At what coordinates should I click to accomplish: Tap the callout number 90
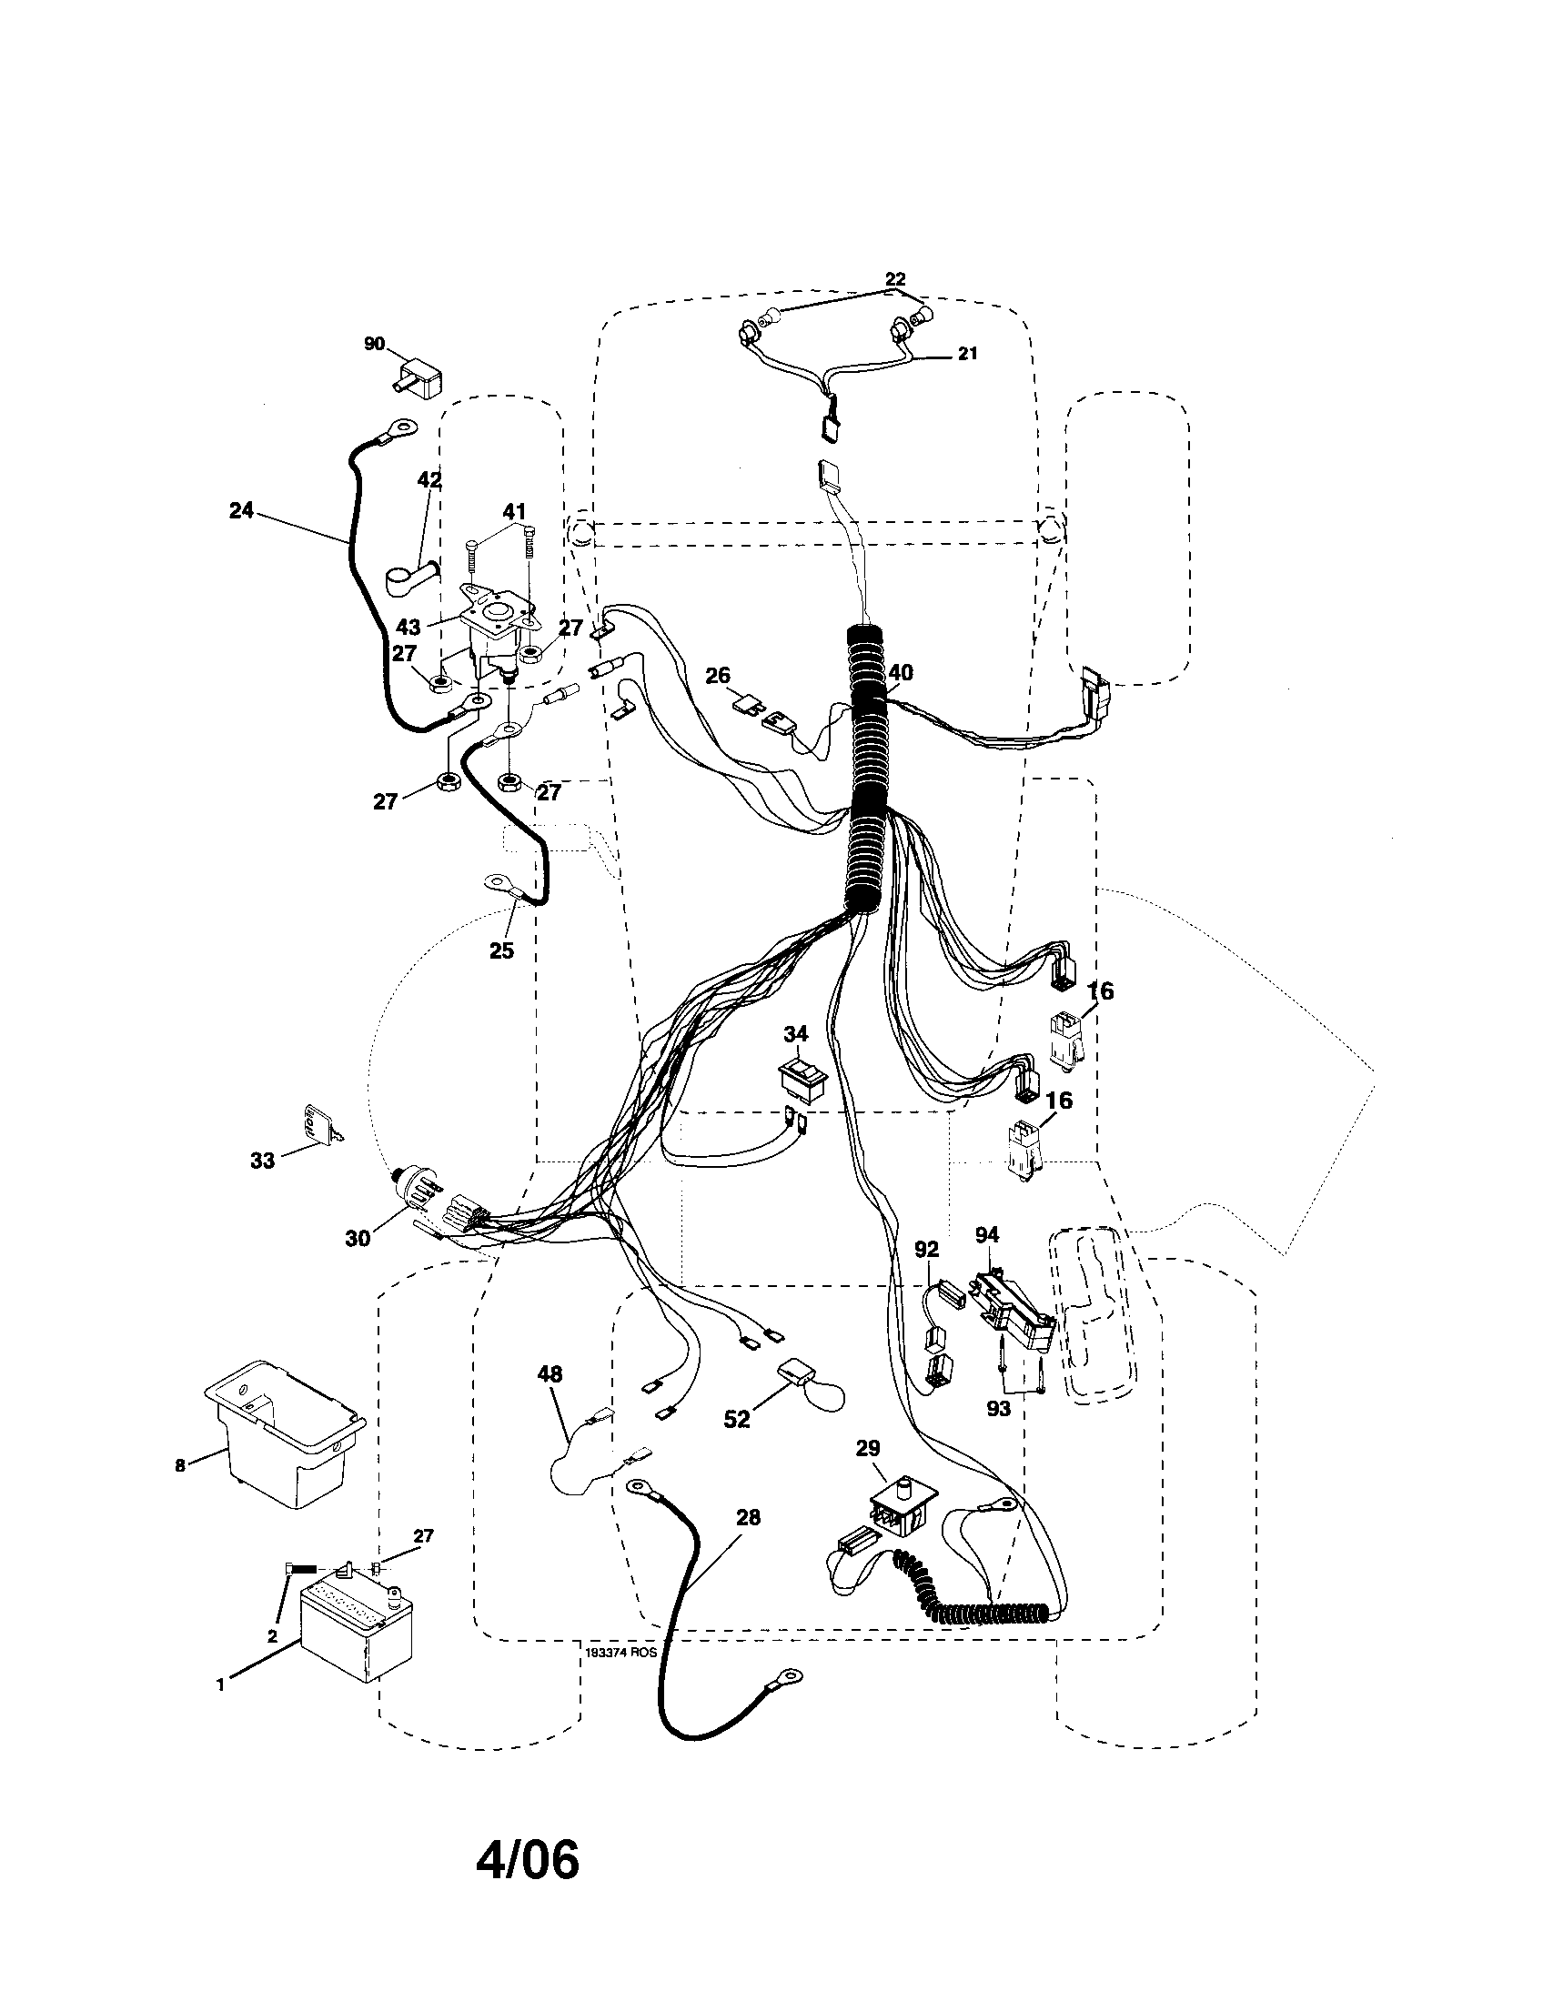click(x=374, y=344)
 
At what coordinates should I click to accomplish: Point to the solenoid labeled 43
click(x=495, y=632)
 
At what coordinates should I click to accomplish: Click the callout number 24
click(x=241, y=511)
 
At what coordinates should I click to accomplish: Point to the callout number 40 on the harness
click(x=900, y=672)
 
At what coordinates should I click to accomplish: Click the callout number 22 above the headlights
click(x=895, y=278)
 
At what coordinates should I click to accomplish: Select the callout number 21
click(x=968, y=354)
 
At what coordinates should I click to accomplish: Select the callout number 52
click(x=736, y=1419)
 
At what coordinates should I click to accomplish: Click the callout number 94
click(x=986, y=1235)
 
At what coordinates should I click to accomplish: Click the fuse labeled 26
click(x=746, y=703)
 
